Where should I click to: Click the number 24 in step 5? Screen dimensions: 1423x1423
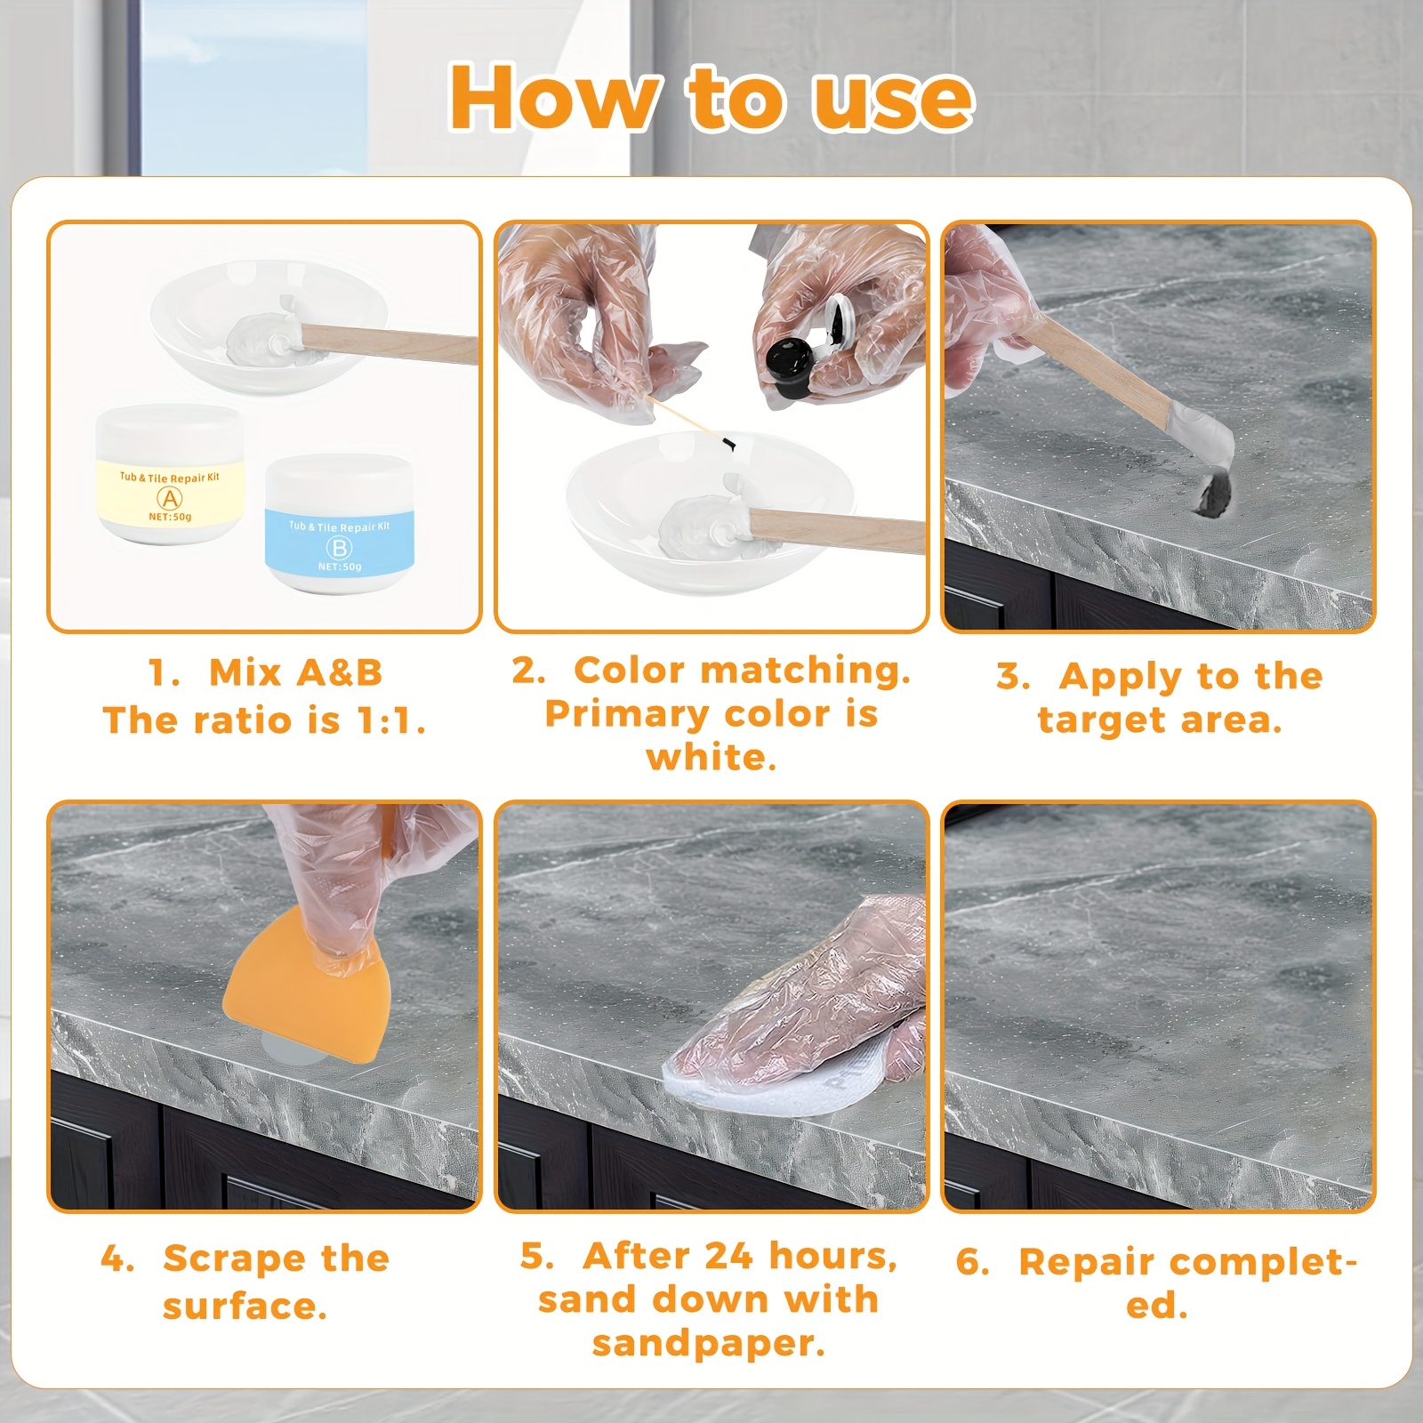click(x=729, y=1256)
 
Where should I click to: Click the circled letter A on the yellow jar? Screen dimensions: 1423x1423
click(x=169, y=498)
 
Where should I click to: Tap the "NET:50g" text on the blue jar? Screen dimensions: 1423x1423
click(x=340, y=567)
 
